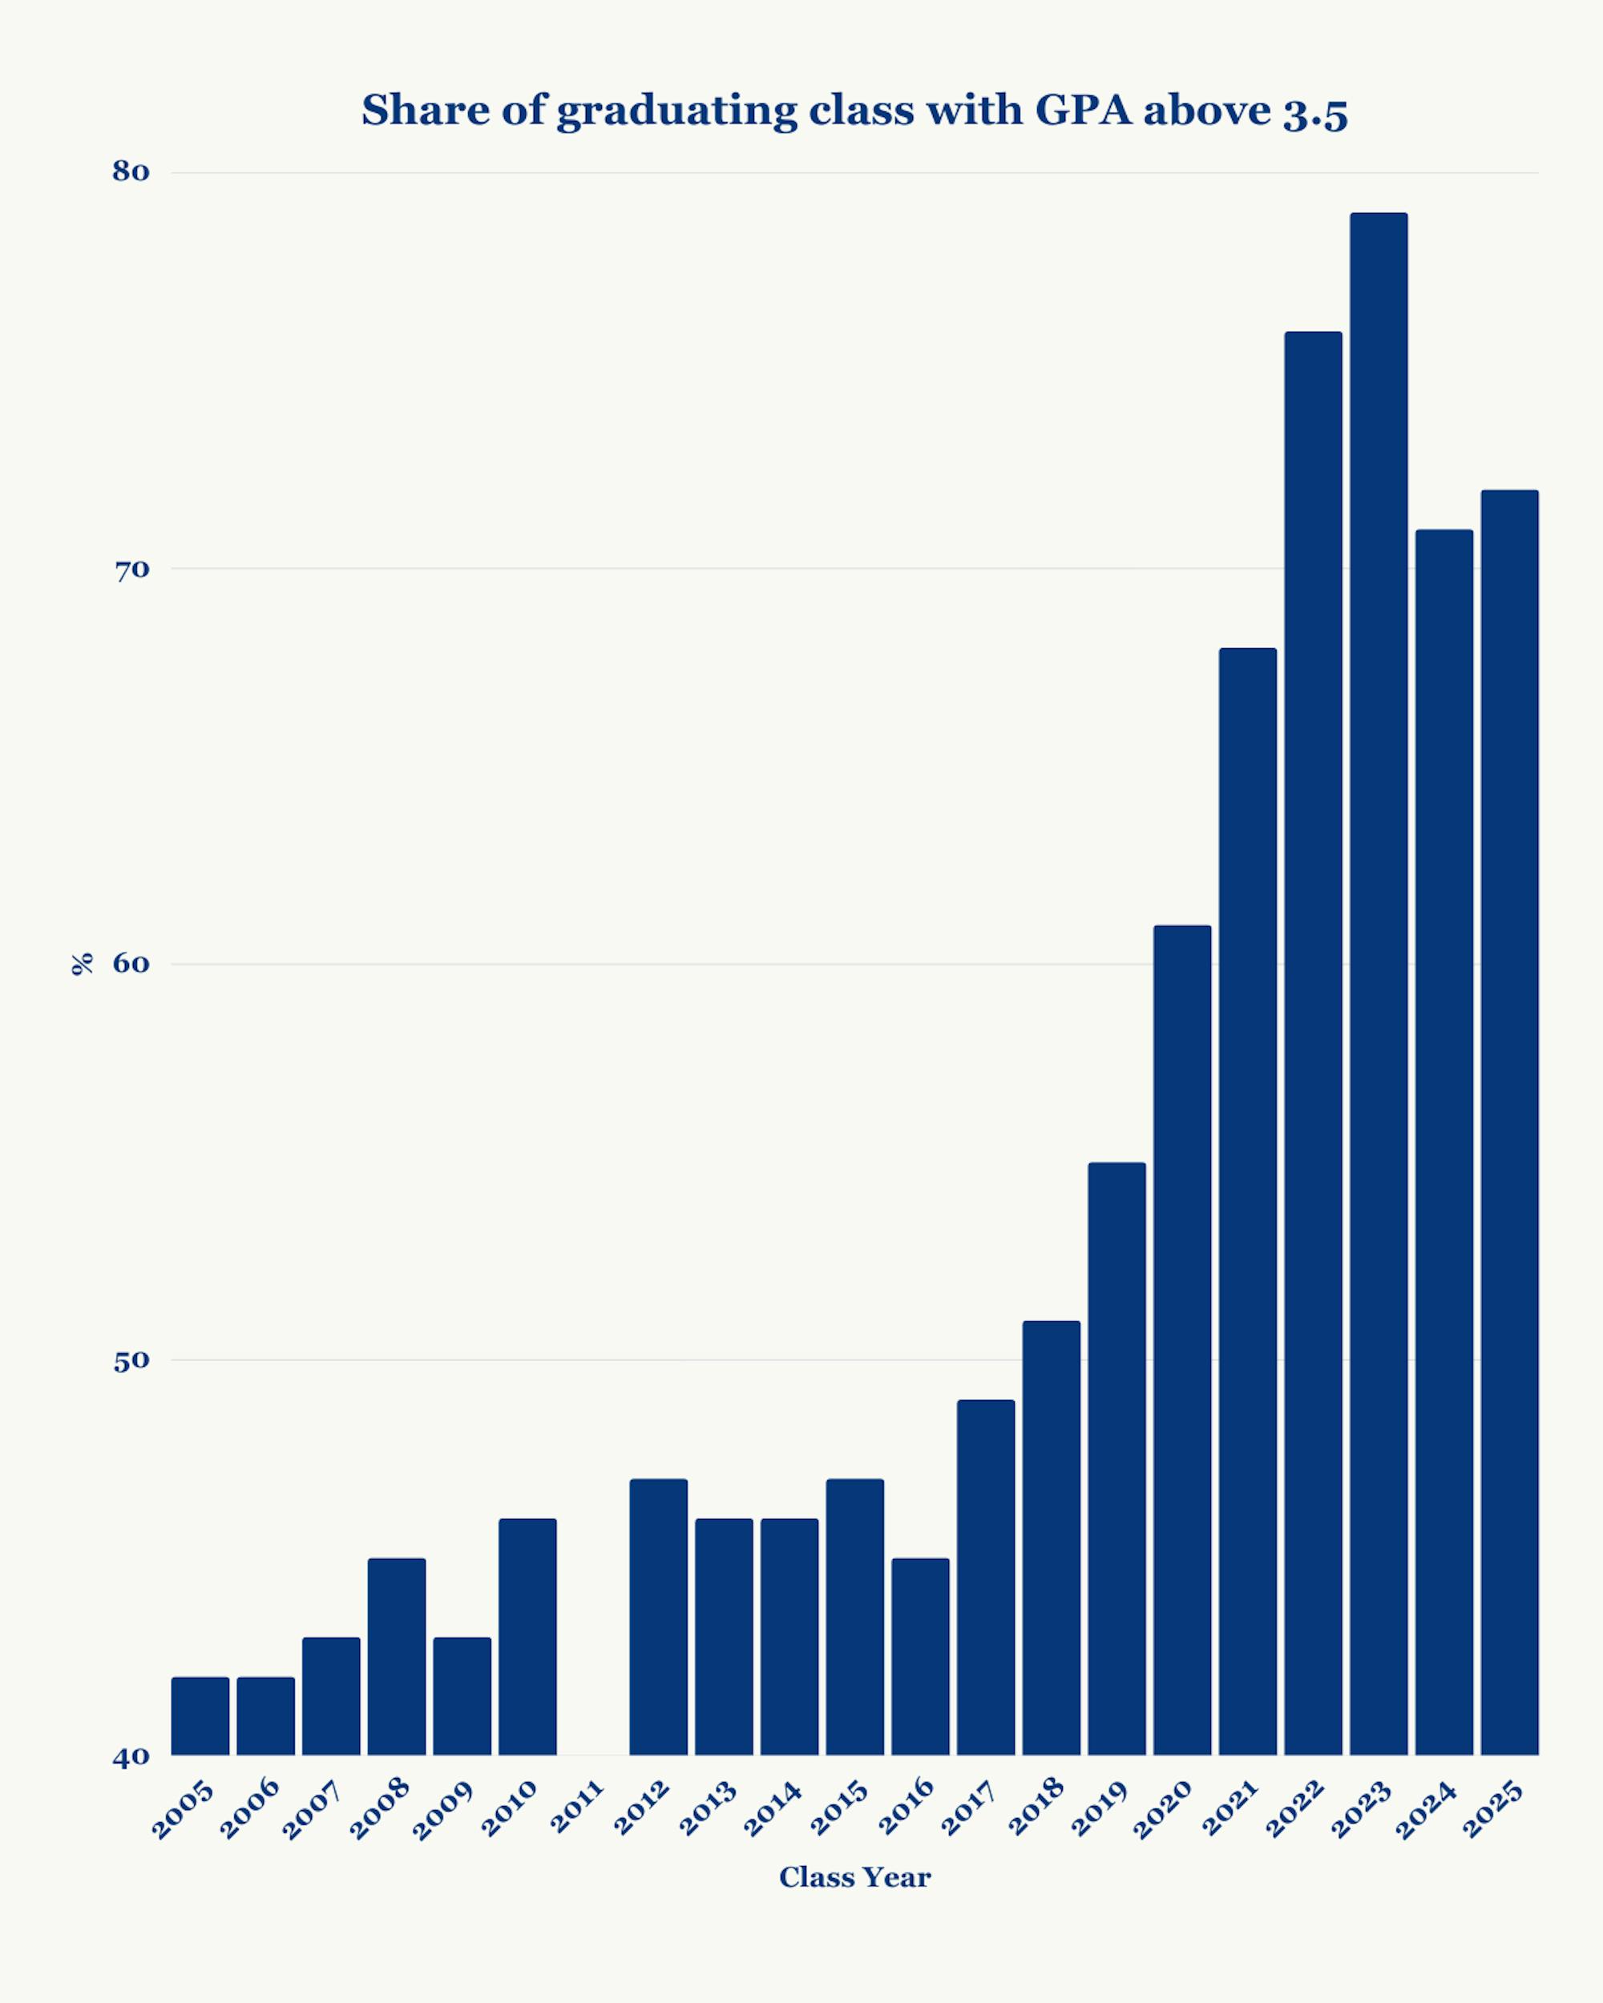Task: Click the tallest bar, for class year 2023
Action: coord(1378,985)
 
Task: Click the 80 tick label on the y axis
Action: coord(131,172)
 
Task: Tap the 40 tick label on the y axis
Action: coord(131,1757)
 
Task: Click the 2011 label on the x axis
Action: coord(578,1807)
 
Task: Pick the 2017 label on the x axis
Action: coord(969,1808)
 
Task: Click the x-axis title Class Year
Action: coord(854,1877)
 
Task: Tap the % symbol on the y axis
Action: coord(82,965)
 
